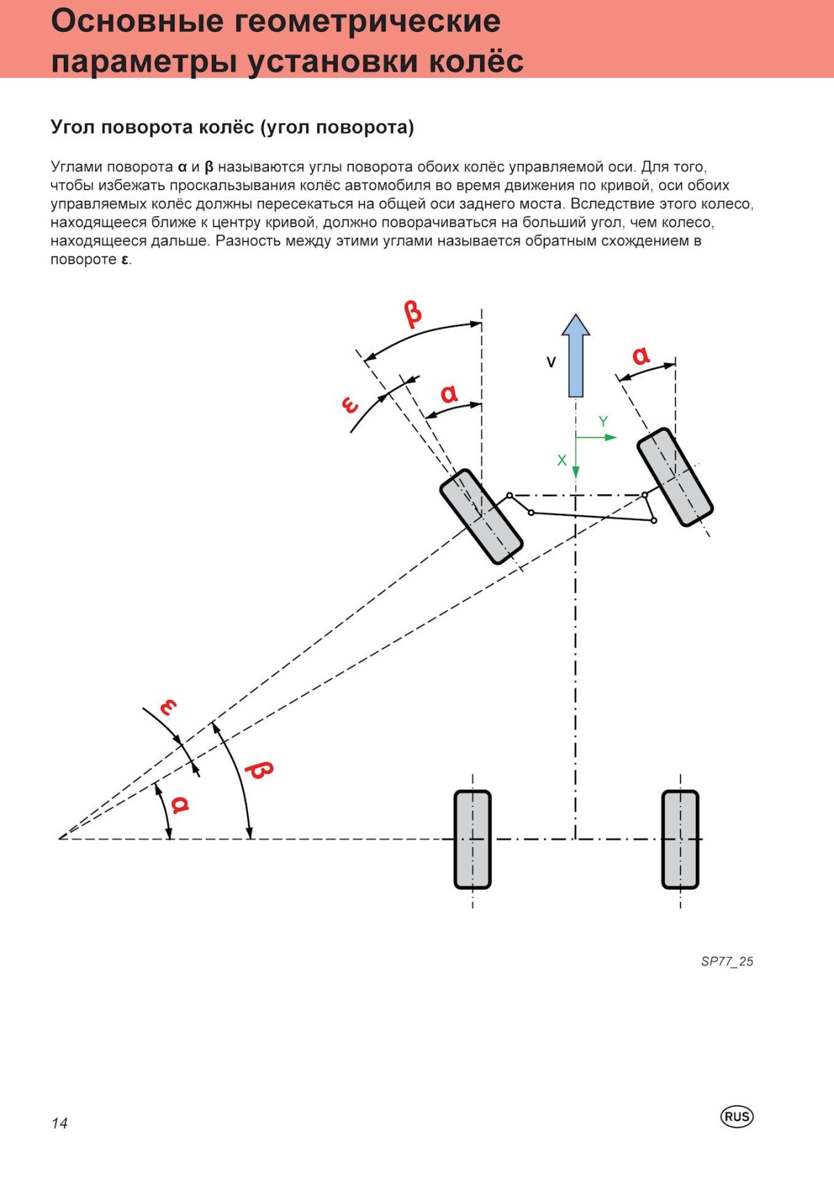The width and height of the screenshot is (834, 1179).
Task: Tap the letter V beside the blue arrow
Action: pyautogui.click(x=551, y=362)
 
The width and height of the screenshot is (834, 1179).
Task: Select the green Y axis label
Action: pyautogui.click(x=603, y=421)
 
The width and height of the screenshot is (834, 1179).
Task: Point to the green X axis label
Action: pyautogui.click(x=562, y=460)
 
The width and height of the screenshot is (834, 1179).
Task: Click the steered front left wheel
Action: pyautogui.click(x=481, y=516)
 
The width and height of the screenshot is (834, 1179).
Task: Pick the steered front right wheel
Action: pyautogui.click(x=675, y=477)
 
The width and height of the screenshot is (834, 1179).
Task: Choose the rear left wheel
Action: pyautogui.click(x=473, y=839)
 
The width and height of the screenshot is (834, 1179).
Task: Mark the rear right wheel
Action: pyautogui.click(x=680, y=839)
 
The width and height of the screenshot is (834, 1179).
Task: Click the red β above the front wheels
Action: pyautogui.click(x=413, y=314)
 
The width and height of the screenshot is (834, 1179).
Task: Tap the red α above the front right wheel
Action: pyautogui.click(x=641, y=356)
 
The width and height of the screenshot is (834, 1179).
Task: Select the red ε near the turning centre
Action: pyautogui.click(x=168, y=707)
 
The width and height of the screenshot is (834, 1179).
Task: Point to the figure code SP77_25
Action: pyautogui.click(x=727, y=961)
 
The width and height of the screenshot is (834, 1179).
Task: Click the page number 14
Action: pyautogui.click(x=59, y=1123)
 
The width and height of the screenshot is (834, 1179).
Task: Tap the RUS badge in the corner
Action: pyautogui.click(x=737, y=1116)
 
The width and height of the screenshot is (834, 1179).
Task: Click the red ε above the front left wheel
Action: pyautogui.click(x=350, y=405)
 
